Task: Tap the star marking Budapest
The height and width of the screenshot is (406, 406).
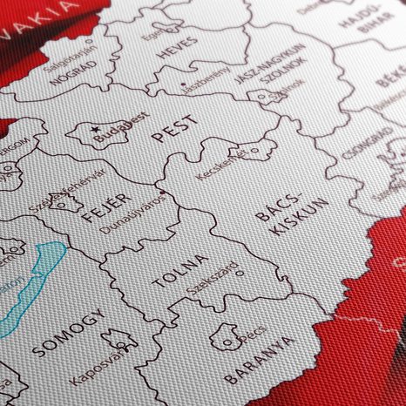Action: (x=94, y=130)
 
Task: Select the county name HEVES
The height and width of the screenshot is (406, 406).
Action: (x=177, y=52)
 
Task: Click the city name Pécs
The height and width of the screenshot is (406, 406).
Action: (x=250, y=335)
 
